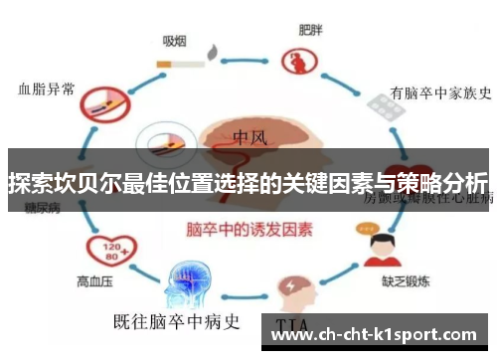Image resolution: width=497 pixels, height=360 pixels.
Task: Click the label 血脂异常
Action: pyautogui.click(x=46, y=89)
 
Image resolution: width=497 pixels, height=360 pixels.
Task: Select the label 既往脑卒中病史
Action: pyautogui.click(x=179, y=320)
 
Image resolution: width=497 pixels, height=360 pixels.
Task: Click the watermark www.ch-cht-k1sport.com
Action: pyautogui.click(x=375, y=336)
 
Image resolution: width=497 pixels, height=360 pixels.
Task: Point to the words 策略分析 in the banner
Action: pyautogui.click(x=446, y=183)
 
